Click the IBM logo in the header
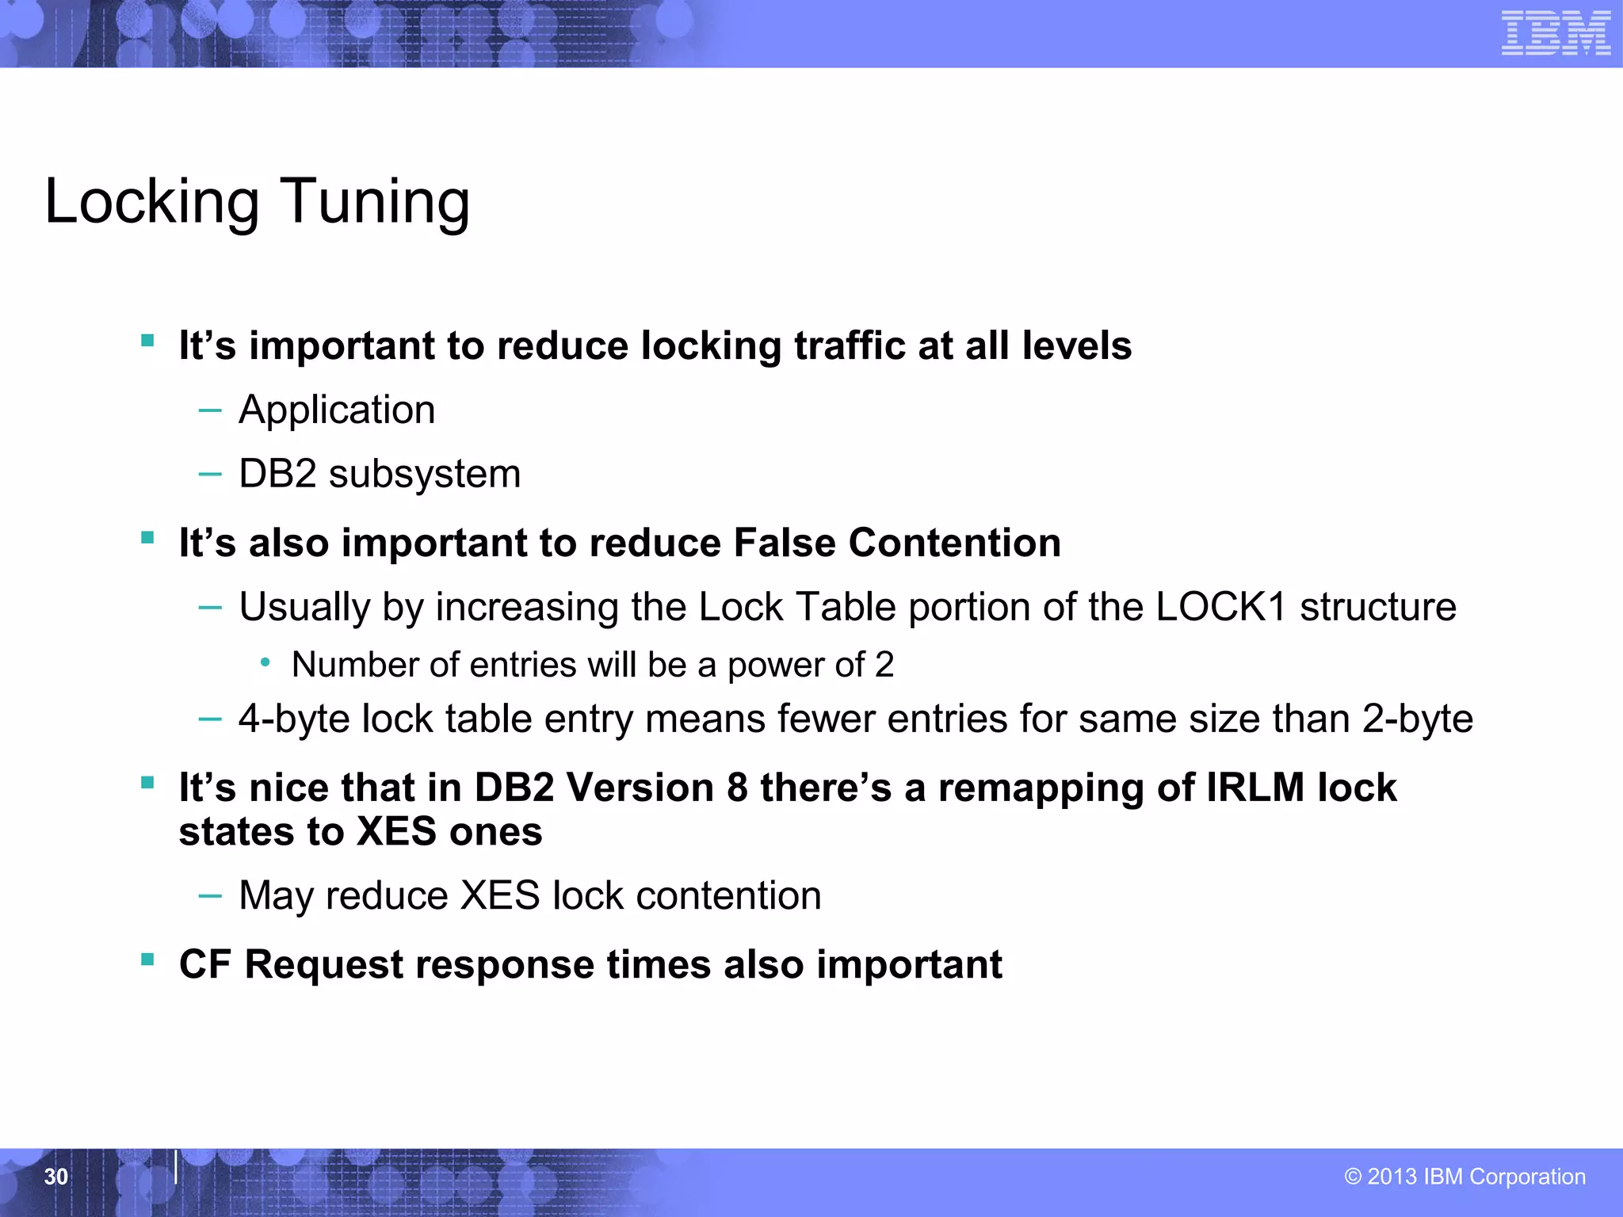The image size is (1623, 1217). [x=1556, y=33]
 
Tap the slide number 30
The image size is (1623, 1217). [x=56, y=1177]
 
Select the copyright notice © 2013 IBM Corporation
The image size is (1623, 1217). [x=1465, y=1177]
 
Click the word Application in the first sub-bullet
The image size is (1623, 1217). [x=337, y=410]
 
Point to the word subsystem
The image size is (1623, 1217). [x=425, y=475]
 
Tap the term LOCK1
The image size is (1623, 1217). [x=1220, y=607]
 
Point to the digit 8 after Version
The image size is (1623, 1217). [x=737, y=788]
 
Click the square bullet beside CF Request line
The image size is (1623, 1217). [x=147, y=960]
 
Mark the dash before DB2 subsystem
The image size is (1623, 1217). [x=210, y=475]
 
